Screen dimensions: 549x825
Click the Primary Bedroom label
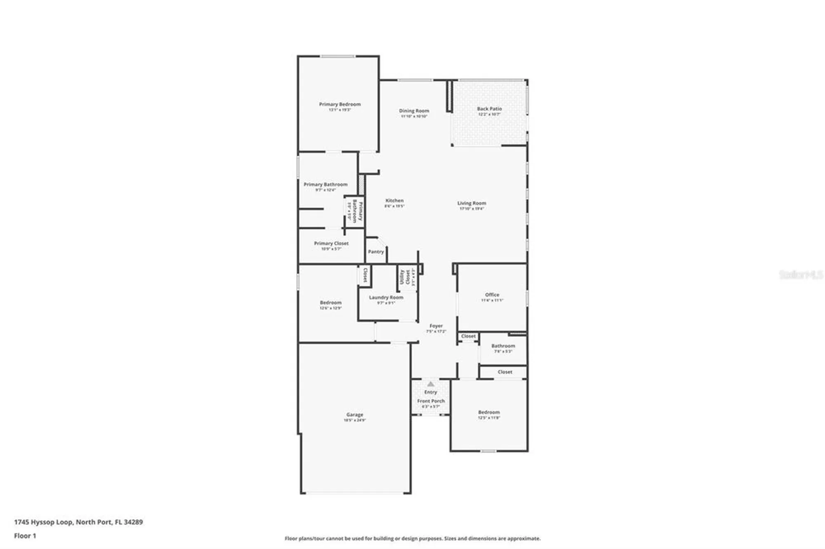(x=339, y=104)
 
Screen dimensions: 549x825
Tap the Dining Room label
(x=414, y=111)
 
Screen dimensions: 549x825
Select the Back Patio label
(x=489, y=109)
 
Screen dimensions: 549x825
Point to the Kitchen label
(x=394, y=201)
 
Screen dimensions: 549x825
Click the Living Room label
(x=471, y=203)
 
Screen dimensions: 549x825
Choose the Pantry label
(x=376, y=251)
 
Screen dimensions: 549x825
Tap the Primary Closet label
(x=331, y=244)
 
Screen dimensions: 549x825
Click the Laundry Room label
(x=386, y=298)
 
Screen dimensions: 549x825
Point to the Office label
(x=492, y=295)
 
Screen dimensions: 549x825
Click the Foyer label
(x=436, y=326)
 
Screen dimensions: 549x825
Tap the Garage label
(x=355, y=415)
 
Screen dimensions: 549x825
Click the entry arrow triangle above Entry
(x=431, y=384)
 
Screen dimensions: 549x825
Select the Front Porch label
(x=431, y=401)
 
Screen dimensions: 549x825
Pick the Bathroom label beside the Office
(x=503, y=346)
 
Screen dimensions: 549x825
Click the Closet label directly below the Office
(x=468, y=336)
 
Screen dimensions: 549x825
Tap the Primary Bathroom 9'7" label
(x=325, y=185)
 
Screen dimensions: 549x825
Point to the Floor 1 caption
(x=25, y=536)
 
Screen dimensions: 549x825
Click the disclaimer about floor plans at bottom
(x=412, y=538)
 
